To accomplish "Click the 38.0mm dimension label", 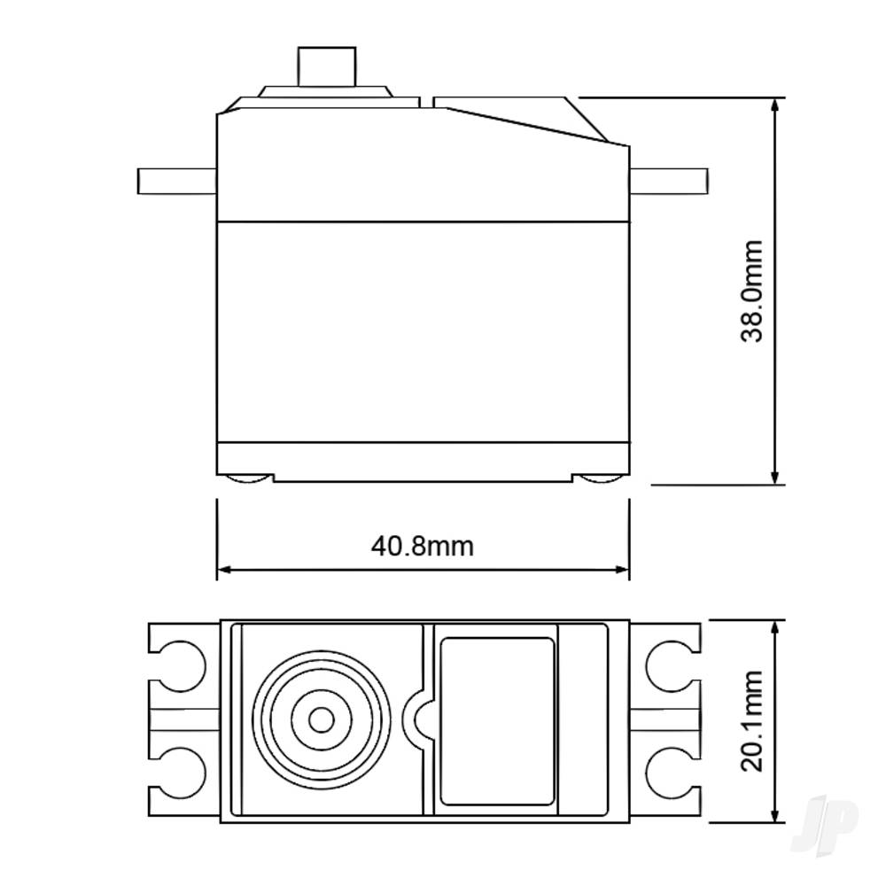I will pyautogui.click(x=752, y=291).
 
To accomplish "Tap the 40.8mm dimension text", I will pyautogui.click(x=422, y=545).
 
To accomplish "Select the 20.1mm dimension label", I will pyautogui.click(x=752, y=721).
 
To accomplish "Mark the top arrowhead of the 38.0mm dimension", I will pyautogui.click(x=776, y=105).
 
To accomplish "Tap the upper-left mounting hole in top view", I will pyautogui.click(x=183, y=664).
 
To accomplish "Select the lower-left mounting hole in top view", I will pyautogui.click(x=183, y=768).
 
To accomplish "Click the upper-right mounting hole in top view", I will pyautogui.click(x=670, y=664).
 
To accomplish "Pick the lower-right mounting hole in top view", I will pyautogui.click(x=670, y=768).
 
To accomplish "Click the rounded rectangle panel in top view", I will pyautogui.click(x=497, y=721).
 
